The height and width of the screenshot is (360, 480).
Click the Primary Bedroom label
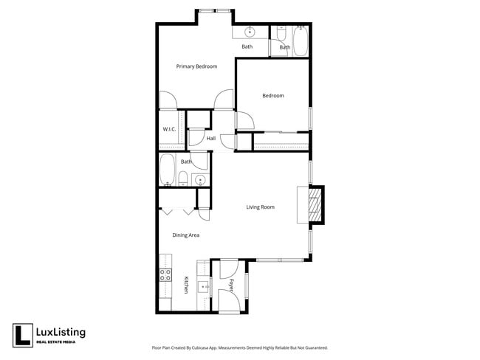196,66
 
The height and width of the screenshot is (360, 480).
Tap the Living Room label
260,207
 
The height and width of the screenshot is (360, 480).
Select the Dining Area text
185,235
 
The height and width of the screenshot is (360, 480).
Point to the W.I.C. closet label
168,130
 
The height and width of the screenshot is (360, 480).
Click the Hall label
211,138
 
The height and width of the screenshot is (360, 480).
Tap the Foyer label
230,284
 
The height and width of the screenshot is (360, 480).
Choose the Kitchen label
186,285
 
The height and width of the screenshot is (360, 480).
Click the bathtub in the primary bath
301,40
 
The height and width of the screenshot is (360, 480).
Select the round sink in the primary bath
250,32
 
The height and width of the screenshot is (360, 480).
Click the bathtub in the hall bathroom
166,170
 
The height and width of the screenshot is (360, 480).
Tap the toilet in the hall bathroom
182,178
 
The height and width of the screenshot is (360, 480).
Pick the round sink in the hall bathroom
199,179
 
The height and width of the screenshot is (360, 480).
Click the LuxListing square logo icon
22,335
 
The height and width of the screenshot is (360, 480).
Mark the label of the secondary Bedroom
273,95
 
